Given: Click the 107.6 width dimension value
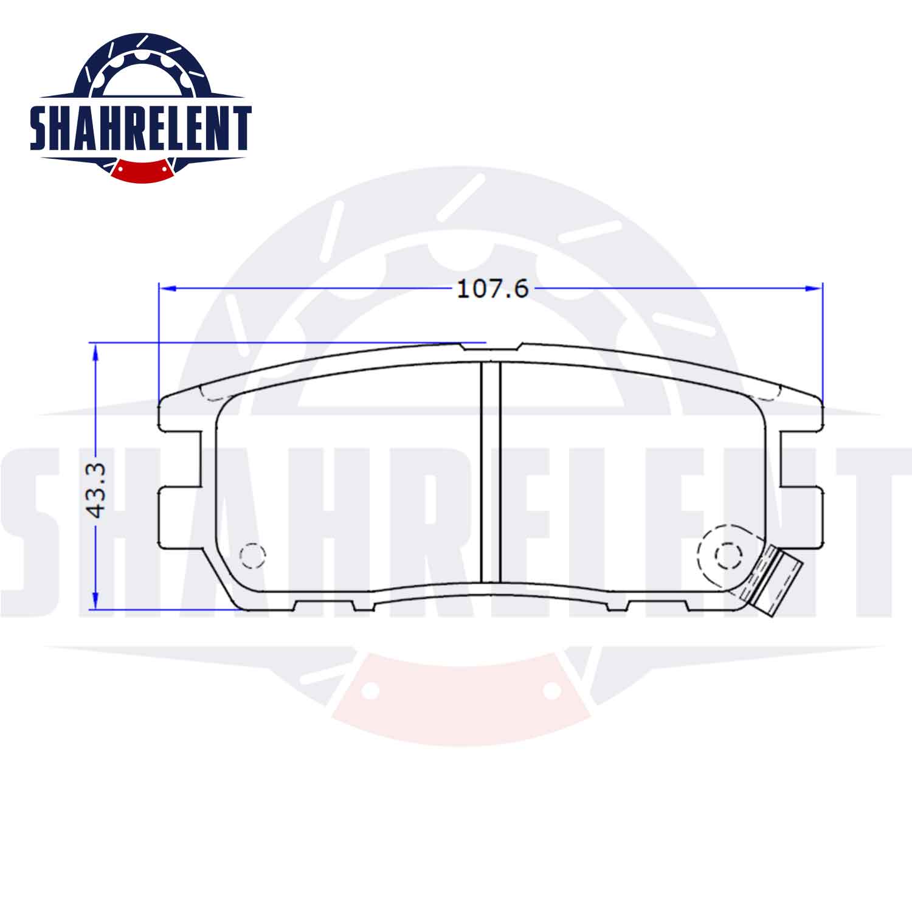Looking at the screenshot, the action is pos(492,289).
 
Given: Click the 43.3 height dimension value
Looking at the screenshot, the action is pos(97,489).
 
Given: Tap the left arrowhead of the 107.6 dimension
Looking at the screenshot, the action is pos(167,288).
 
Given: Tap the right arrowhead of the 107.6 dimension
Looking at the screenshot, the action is pos(814,288).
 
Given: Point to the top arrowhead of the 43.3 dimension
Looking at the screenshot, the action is pos(94,351).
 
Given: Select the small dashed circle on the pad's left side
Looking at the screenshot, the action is pos(254,554).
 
